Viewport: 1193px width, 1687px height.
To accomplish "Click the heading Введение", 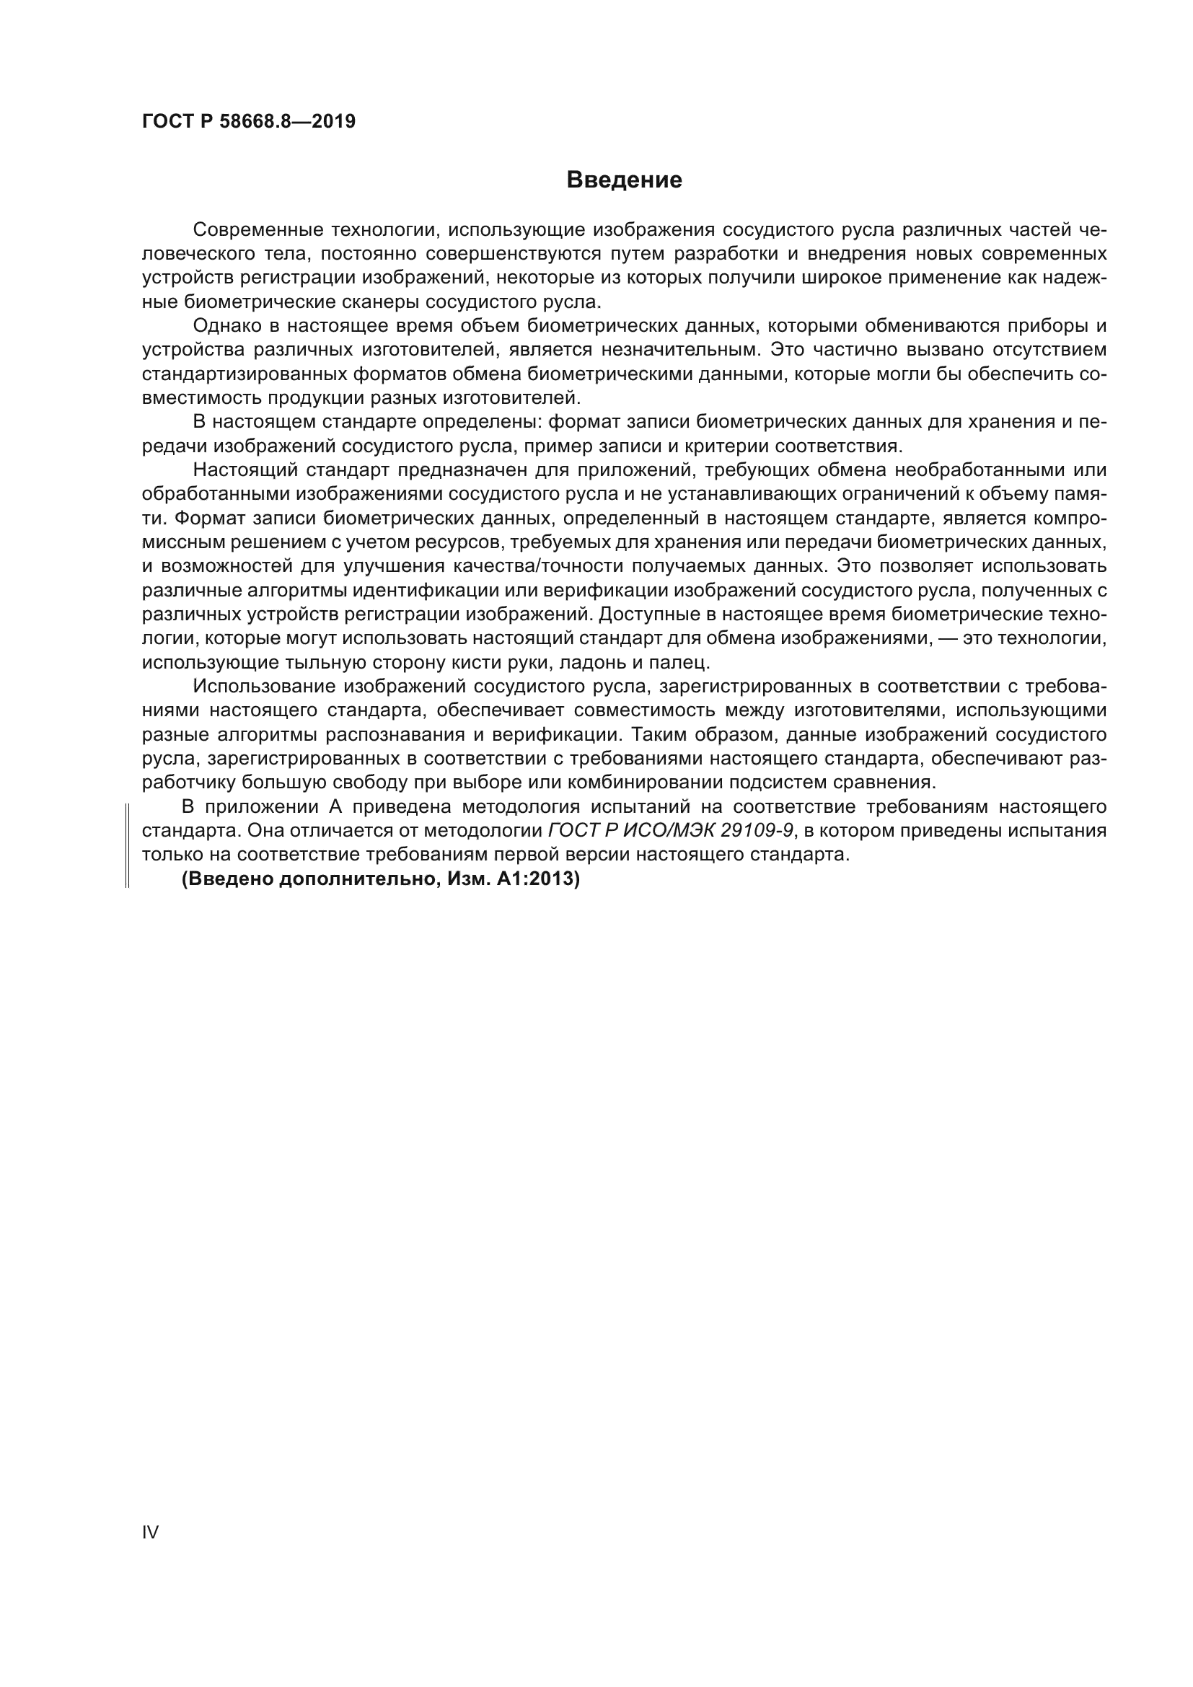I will tap(624, 180).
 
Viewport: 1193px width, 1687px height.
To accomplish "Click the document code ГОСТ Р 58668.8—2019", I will tap(248, 121).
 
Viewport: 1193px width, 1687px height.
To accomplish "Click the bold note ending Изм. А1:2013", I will tap(381, 878).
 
